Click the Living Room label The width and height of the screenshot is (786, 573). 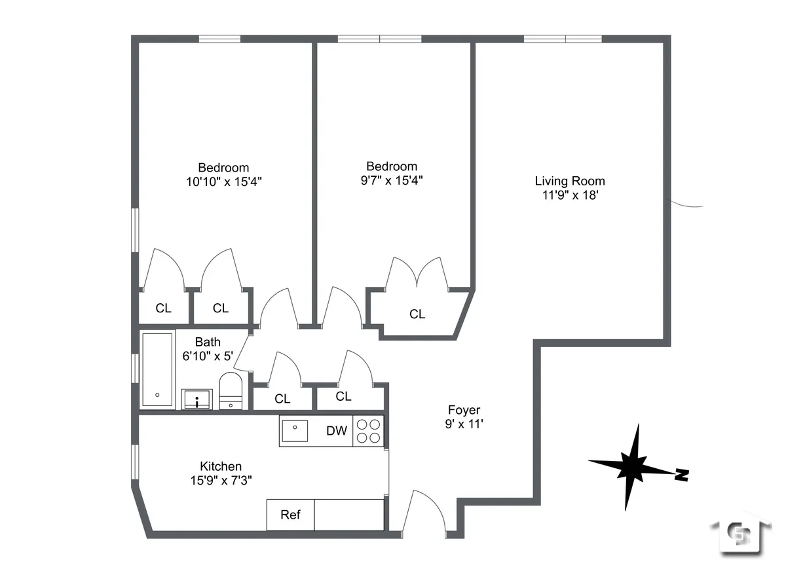tap(569, 181)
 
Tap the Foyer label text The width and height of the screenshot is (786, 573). tap(464, 410)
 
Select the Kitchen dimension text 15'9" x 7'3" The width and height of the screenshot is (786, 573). tap(220, 480)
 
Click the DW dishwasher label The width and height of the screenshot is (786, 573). tap(337, 431)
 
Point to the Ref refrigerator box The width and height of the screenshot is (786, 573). tap(290, 515)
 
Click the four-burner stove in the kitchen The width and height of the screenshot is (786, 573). tap(367, 432)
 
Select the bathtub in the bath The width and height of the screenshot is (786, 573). tap(157, 369)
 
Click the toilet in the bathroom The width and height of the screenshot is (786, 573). tap(230, 392)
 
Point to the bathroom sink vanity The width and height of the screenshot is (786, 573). tap(196, 399)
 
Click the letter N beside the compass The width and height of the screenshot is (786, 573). tap(682, 474)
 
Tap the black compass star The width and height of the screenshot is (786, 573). tap(631, 466)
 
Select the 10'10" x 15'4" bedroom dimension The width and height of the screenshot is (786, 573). tap(223, 182)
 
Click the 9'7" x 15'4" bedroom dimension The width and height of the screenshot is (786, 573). tap(391, 181)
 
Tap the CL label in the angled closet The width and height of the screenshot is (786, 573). tap(417, 314)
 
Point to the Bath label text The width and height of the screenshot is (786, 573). tap(208, 342)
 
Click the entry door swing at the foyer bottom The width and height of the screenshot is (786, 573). tap(426, 511)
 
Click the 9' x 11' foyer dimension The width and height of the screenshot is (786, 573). tap(464, 424)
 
